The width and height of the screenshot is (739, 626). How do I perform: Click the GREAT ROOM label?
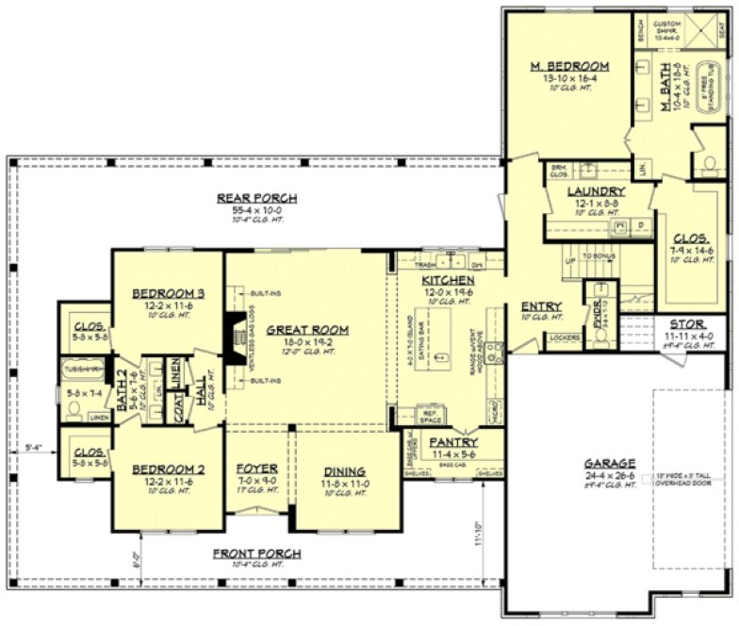click(306, 330)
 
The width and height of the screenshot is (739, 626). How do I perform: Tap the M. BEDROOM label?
click(568, 66)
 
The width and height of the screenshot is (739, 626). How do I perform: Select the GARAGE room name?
click(608, 464)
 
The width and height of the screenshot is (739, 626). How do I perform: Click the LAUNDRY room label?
click(596, 191)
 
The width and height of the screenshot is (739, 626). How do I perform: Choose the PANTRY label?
click(453, 442)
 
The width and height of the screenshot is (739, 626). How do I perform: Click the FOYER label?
click(255, 469)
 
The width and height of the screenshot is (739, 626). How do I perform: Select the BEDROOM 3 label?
click(169, 293)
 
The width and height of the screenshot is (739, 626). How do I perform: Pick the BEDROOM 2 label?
click(169, 469)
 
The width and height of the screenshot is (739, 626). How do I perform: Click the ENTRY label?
click(541, 306)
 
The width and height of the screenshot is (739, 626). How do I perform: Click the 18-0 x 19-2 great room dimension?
click(306, 341)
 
